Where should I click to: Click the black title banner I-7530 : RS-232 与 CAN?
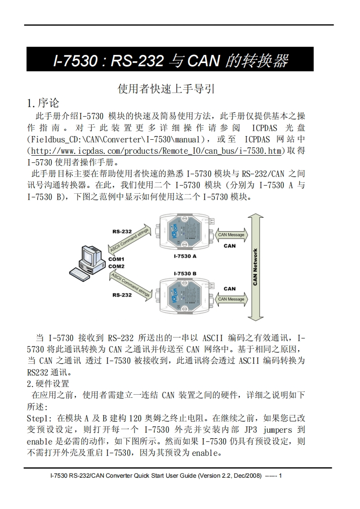click(x=170, y=59)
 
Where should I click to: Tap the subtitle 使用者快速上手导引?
click(x=166, y=88)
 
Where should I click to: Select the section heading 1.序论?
click(x=43, y=103)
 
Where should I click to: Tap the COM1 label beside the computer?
click(x=116, y=259)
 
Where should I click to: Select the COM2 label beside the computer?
click(x=116, y=266)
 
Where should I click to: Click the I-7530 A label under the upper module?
click(x=185, y=256)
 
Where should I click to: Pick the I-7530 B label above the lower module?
click(x=185, y=274)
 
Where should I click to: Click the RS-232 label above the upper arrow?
click(x=122, y=231)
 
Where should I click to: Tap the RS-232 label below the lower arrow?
click(x=122, y=295)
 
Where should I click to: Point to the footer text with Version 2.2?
click(x=166, y=476)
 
